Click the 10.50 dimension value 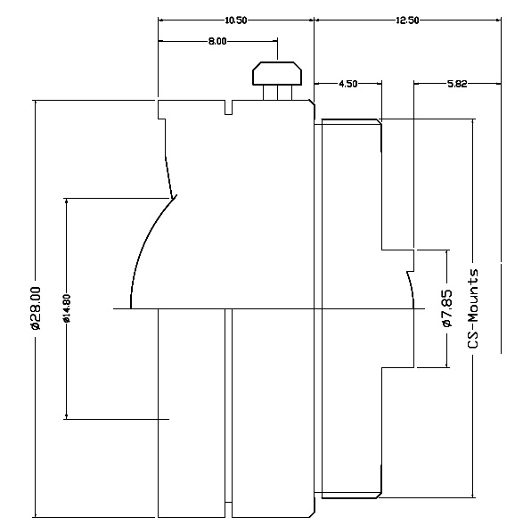click(x=235, y=21)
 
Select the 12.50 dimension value click(x=407, y=21)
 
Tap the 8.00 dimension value click(x=217, y=42)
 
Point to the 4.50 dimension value click(x=348, y=84)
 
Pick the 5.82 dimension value click(x=457, y=84)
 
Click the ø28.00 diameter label click(x=36, y=308)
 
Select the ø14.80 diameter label click(x=67, y=308)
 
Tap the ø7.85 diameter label click(x=447, y=308)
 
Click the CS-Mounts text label click(x=473, y=308)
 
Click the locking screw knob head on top click(x=277, y=73)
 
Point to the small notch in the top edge click(x=229, y=107)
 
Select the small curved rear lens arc click(x=411, y=290)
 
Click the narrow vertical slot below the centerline click(x=228, y=406)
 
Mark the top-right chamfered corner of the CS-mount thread click(x=380, y=122)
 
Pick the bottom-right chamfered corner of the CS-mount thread click(x=380, y=495)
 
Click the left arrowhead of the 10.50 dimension click(x=160, y=21)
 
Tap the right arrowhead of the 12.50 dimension click(x=498, y=21)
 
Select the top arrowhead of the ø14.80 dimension click(x=67, y=201)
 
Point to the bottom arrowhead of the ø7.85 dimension click(x=447, y=365)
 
